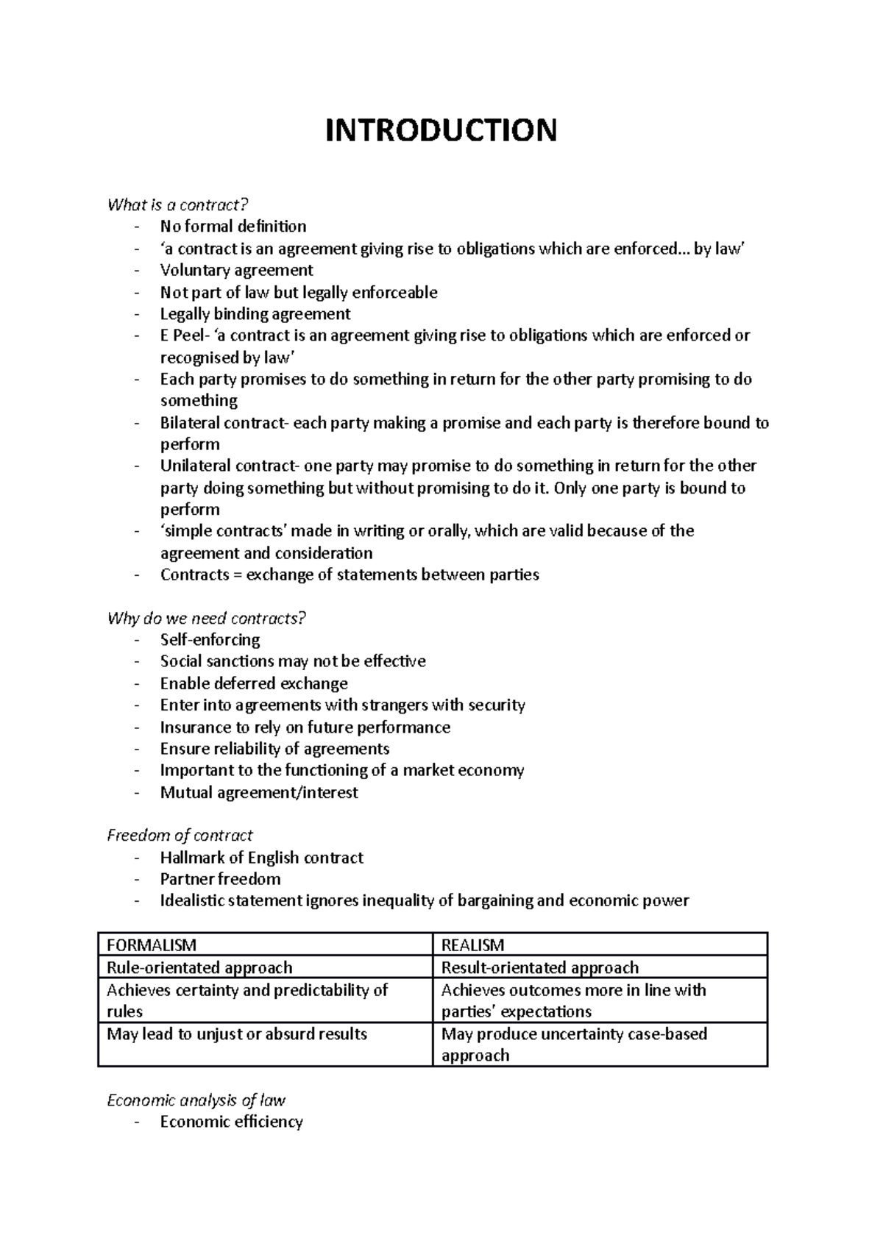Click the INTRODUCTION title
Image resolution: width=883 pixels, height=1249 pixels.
(441, 130)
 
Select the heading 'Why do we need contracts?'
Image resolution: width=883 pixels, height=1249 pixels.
(206, 618)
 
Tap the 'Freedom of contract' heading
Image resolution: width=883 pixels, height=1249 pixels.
(180, 836)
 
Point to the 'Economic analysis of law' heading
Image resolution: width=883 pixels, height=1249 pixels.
(196, 1100)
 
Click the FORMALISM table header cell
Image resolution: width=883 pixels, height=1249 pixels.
(152, 945)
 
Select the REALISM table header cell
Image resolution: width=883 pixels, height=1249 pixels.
(472, 945)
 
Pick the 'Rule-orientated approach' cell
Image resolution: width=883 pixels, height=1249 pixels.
(199, 967)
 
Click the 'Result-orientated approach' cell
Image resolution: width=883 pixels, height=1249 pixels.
(539, 967)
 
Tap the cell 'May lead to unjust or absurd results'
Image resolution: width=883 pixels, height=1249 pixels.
(237, 1033)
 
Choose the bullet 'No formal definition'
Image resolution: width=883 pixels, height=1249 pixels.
(233, 227)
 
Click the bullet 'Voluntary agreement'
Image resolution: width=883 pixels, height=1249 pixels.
(237, 270)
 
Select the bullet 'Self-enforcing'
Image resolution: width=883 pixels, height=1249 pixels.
(210, 639)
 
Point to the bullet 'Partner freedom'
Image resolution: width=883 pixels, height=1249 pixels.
(221, 879)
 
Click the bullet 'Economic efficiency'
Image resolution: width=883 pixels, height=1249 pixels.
(232, 1122)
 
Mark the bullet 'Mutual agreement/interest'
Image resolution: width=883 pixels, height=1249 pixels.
(259, 792)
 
